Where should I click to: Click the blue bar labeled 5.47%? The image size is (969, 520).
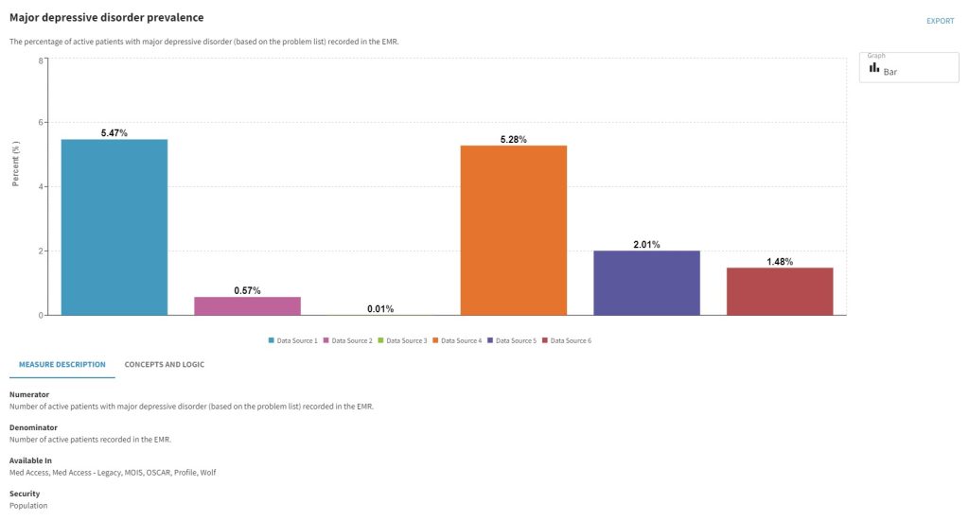coord(114,227)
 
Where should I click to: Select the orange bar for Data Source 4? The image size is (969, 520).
coord(513,230)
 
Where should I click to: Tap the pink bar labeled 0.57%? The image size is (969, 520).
coord(247,305)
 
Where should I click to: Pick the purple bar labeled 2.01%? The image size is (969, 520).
coord(646,283)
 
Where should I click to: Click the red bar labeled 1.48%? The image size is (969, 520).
coord(780,291)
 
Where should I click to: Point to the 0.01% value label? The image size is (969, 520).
coord(380,309)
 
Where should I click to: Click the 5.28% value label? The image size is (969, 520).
coord(513,140)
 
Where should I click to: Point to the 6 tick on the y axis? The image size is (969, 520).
coord(40,123)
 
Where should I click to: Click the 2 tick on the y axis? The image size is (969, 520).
coord(40,251)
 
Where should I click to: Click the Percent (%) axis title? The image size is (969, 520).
coord(16,164)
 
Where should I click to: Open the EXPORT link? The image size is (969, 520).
coord(940,21)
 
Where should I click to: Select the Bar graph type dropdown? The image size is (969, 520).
coord(908,68)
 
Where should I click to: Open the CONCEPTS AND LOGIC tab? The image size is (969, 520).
coord(164,364)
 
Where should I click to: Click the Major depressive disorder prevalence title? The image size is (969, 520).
coord(106,18)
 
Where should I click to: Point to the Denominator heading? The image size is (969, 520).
coord(33,427)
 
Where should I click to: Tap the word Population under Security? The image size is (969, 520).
coord(28,506)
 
